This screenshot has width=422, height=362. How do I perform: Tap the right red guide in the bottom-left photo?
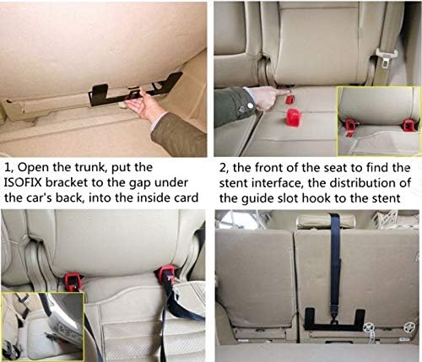pyautogui.click(x=165, y=275)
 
